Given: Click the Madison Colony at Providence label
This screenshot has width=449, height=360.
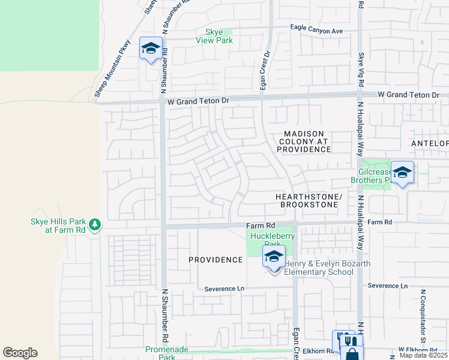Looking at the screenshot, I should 304,141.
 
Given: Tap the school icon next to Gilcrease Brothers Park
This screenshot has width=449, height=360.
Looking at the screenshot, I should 402,172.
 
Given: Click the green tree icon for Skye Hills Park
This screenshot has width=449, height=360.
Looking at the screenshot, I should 94,225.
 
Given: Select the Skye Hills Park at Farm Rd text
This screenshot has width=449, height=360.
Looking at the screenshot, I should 58,226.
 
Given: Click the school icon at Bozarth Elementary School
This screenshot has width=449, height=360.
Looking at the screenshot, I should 274,258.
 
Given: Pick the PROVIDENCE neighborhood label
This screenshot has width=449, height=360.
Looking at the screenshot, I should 215,260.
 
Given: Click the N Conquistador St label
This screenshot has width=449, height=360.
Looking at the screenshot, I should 423,311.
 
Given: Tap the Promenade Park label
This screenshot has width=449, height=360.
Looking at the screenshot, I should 167,353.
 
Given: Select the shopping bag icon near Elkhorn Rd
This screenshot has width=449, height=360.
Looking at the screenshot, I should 352,354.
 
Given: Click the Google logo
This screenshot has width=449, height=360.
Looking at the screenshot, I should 20,353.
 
